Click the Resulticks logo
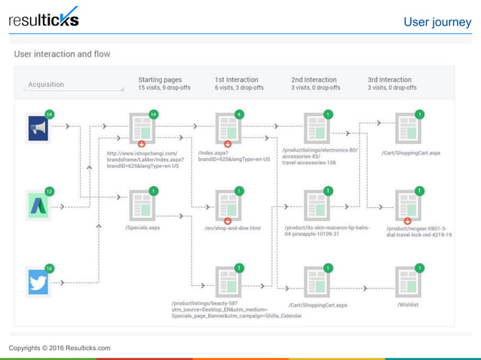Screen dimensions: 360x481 [x=43, y=19]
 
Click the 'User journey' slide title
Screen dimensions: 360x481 [x=437, y=22]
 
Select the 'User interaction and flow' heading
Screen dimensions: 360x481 [x=62, y=54]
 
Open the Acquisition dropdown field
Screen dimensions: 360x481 [x=75, y=85]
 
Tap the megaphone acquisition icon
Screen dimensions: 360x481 [x=38, y=129]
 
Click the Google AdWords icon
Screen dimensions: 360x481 [x=38, y=205]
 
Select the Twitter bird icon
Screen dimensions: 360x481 [x=38, y=282]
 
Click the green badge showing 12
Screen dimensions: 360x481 [x=50, y=191]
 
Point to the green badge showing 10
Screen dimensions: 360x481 [x=50, y=268]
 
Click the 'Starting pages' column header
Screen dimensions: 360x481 [x=160, y=80]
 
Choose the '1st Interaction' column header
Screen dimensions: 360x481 [x=236, y=80]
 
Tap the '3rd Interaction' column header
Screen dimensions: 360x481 [x=390, y=80]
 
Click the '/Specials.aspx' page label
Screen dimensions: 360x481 [x=142, y=227]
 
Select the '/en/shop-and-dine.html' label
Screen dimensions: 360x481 [x=232, y=228]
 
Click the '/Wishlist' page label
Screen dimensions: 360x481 [x=408, y=305]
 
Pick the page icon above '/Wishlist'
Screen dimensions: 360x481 [x=408, y=282]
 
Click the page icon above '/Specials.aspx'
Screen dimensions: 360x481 [x=142, y=205]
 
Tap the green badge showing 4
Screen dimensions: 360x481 [x=239, y=114]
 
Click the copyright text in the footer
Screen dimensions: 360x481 [x=60, y=348]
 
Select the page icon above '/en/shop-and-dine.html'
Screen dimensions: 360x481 [x=228, y=205]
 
